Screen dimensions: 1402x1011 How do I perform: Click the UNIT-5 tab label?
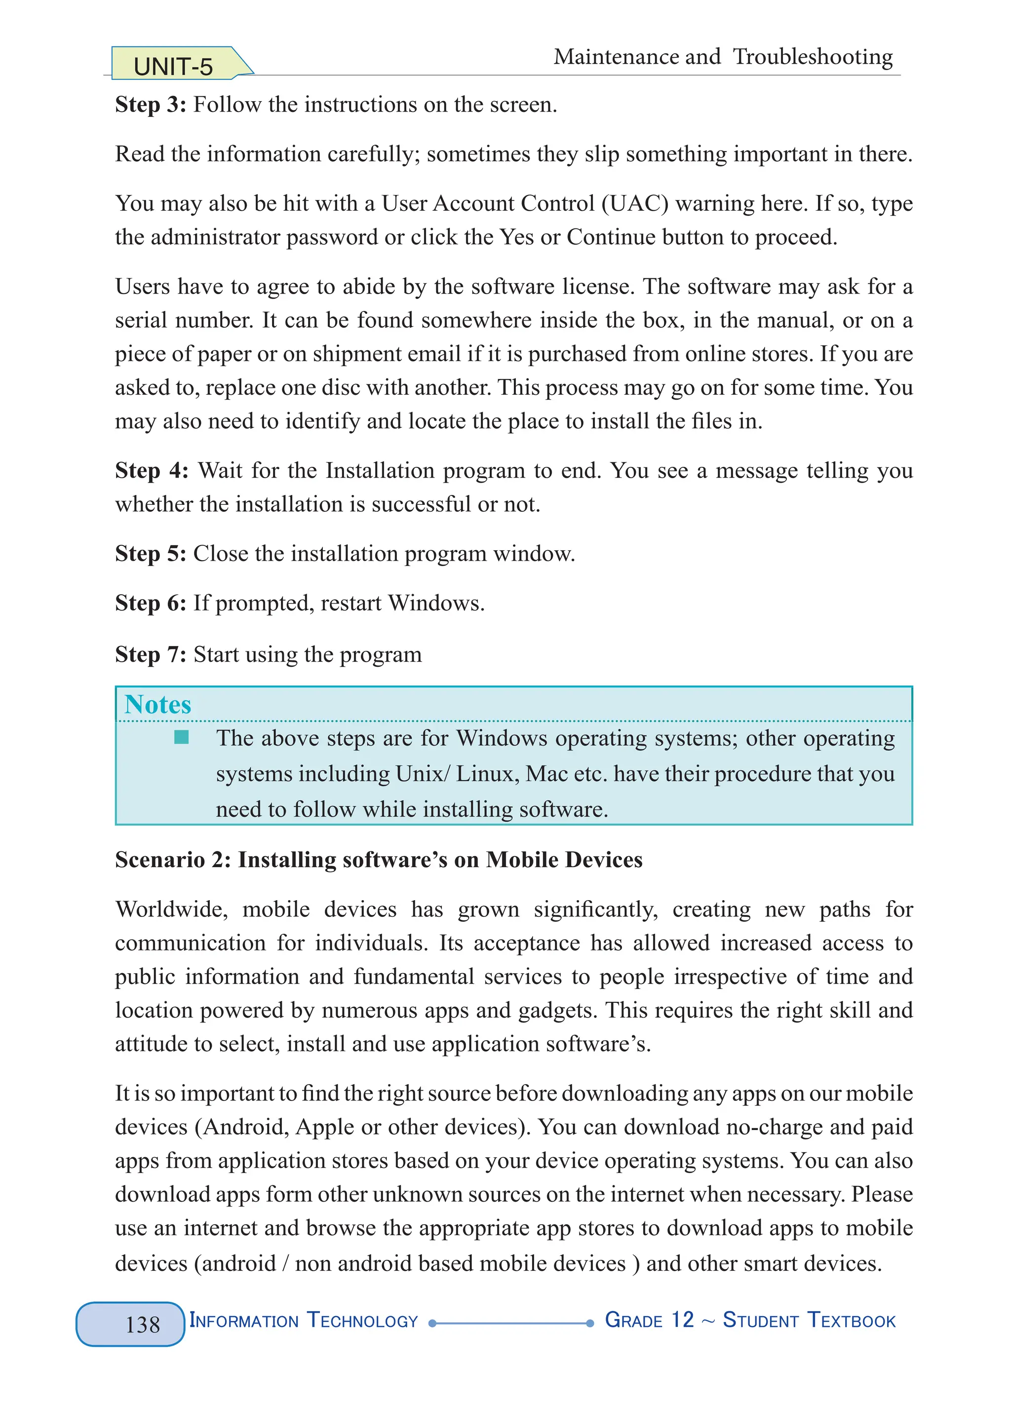click(173, 67)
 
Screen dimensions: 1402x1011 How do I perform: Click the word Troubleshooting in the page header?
click(813, 57)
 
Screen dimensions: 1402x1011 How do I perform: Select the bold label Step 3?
click(150, 105)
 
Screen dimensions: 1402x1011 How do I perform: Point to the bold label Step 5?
click(150, 553)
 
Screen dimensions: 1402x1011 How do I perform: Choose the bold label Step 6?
click(150, 603)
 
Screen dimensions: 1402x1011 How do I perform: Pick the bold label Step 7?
click(150, 654)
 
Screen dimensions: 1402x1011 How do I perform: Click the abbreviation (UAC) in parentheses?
click(635, 203)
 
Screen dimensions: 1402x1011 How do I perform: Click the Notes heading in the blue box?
click(157, 705)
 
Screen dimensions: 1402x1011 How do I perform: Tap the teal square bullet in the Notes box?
click(181, 737)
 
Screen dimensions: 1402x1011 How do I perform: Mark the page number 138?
click(142, 1325)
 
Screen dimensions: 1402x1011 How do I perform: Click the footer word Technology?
click(362, 1321)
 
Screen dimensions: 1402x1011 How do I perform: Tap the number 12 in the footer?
click(683, 1320)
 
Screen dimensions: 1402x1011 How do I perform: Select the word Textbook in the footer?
click(852, 1321)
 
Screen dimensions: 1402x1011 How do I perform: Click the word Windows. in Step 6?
click(436, 603)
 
